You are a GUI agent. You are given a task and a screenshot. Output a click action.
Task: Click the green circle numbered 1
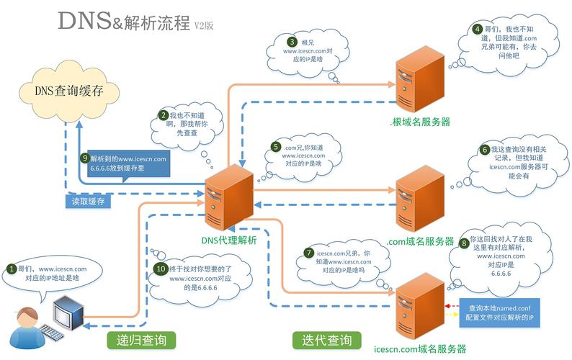tap(12, 269)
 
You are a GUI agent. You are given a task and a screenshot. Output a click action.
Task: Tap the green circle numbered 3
tap(292, 42)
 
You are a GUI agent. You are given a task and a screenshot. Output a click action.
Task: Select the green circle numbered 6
tap(485, 150)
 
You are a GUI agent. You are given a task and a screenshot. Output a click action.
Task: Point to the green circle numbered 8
tap(464, 243)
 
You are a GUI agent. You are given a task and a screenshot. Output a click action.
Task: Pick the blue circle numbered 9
tap(84, 158)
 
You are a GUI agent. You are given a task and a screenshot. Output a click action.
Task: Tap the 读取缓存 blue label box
tap(88, 201)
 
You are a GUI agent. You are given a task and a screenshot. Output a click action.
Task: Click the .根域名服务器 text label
tap(421, 120)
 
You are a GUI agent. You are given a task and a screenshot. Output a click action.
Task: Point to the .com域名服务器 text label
tap(420, 241)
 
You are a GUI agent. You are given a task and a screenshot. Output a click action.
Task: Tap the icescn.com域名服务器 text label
tap(420, 349)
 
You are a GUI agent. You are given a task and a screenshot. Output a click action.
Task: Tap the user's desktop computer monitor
tap(71, 310)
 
